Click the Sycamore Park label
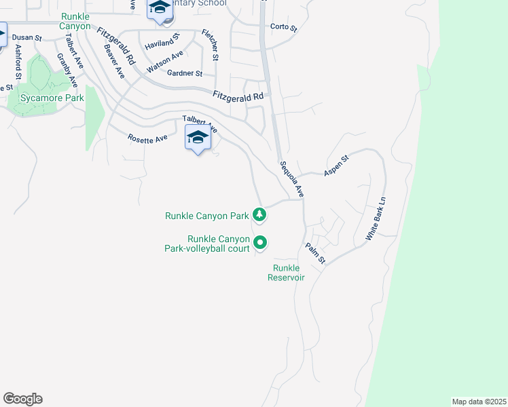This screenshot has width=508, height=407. point(52,98)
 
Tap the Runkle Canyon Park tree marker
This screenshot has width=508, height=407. point(259,216)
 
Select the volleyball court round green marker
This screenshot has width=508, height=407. point(260,242)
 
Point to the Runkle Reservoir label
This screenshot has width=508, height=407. point(286,273)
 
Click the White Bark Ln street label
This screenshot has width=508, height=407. point(375,218)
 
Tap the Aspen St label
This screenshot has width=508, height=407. point(335,166)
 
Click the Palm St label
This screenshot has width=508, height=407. point(315,254)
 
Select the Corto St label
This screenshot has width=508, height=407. point(284,28)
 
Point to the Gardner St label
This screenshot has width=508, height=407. point(185,73)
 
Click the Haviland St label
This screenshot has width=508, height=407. point(161,44)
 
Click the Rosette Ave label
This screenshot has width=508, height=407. point(147,138)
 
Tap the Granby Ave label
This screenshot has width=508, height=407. point(67,70)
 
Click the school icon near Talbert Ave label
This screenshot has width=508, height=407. point(198,138)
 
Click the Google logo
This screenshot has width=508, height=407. point(22,399)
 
